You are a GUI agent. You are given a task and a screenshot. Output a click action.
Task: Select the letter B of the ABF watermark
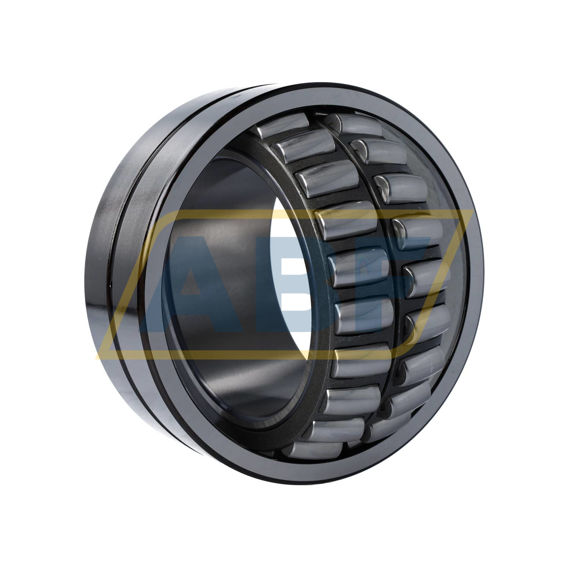pyautogui.click(x=292, y=284)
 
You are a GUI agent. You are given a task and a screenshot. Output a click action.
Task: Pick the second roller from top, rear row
pyautogui.click(x=379, y=151)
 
